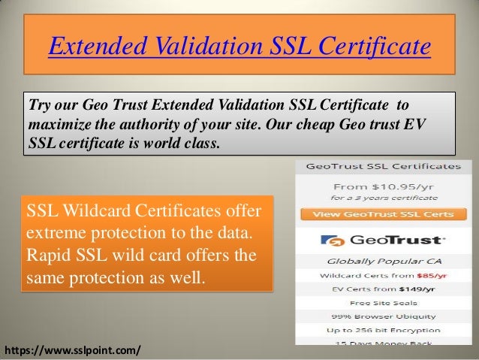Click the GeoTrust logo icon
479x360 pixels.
pyautogui.click(x=330, y=241)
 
